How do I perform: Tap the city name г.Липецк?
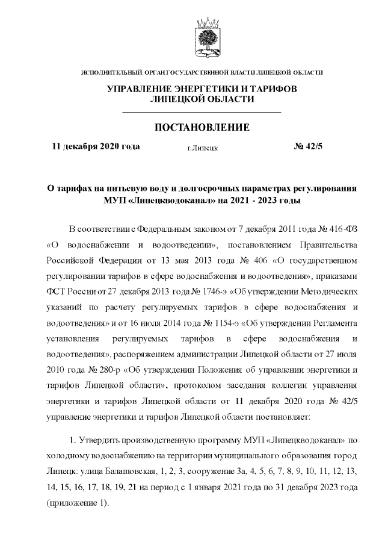(x=202, y=147)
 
